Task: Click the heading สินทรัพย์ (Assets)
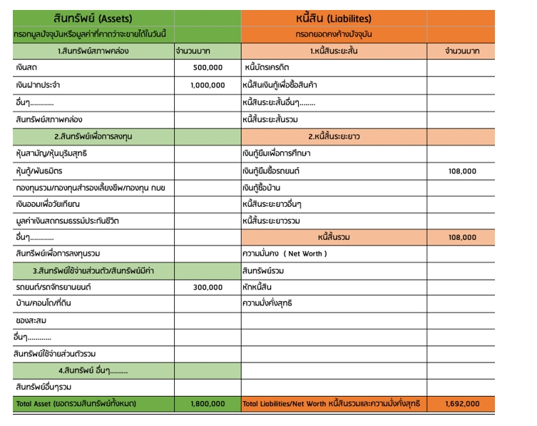(x=93, y=18)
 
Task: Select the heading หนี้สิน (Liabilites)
(x=333, y=18)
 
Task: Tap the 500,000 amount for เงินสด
(x=208, y=68)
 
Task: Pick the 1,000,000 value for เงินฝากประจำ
(x=207, y=85)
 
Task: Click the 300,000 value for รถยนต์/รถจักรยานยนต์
(x=208, y=288)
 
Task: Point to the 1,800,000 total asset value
(x=208, y=404)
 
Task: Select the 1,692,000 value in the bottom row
(x=461, y=404)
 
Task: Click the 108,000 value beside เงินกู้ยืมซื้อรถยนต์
(x=462, y=171)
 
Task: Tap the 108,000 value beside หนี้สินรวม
(x=462, y=237)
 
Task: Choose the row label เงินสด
(x=26, y=68)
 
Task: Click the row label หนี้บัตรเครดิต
(x=271, y=68)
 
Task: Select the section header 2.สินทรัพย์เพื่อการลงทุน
(x=93, y=136)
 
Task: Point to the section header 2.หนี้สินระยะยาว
(x=333, y=136)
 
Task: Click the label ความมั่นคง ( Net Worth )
(x=285, y=253)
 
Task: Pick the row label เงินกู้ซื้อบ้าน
(x=263, y=188)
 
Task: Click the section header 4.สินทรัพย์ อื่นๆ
(x=93, y=370)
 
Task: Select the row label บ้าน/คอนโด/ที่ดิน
(x=44, y=303)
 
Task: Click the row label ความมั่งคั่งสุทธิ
(x=267, y=303)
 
